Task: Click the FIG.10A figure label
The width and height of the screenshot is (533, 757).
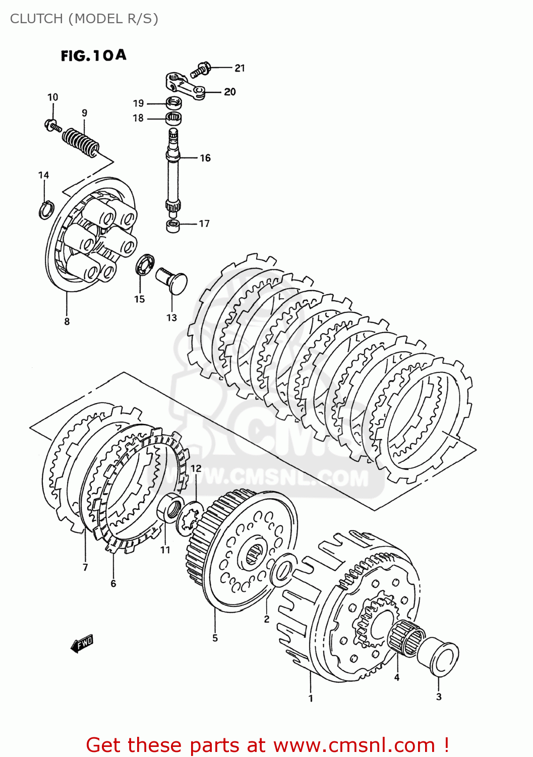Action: pos(93,56)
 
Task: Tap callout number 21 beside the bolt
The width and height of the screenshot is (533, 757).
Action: pos(240,68)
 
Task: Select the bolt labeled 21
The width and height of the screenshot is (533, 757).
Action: pos(201,69)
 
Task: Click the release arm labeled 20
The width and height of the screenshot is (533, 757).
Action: pos(185,85)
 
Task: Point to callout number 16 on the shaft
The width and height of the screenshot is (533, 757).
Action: pos(205,158)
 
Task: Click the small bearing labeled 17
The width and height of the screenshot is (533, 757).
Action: pos(173,226)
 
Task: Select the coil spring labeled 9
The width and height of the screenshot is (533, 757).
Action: pos(81,141)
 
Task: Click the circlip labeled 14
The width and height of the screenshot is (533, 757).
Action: pos(45,209)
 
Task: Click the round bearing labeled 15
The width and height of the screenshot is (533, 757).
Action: pos(145,264)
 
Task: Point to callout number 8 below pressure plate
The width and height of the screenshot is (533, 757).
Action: pos(67,321)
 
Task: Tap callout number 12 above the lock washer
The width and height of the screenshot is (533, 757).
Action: pos(196,468)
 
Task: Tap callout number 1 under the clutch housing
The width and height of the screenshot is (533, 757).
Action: pos(311,698)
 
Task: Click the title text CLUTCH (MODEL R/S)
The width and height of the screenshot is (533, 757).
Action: pos(84,19)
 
